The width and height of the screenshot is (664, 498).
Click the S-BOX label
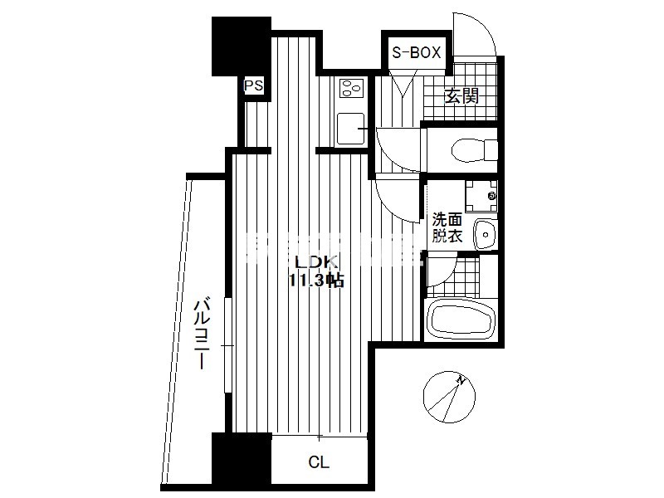[x=417, y=52]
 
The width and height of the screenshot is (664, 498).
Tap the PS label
[x=254, y=86]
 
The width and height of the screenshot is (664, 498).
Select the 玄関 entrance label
[x=461, y=96]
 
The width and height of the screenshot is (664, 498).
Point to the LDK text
[x=316, y=262]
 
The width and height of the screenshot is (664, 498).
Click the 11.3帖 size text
[x=316, y=281]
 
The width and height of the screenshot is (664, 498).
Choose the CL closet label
[x=319, y=462]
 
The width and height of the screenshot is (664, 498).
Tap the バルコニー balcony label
[x=202, y=334]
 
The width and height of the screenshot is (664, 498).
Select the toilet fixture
[x=474, y=150]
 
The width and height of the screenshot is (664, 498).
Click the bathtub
[x=461, y=318]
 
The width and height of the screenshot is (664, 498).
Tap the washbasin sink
[x=486, y=234]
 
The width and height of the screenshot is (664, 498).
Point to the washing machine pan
[x=481, y=196]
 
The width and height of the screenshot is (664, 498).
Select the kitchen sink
[x=350, y=129]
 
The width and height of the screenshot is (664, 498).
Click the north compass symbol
[x=449, y=397]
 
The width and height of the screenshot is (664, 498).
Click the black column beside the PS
[x=241, y=46]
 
